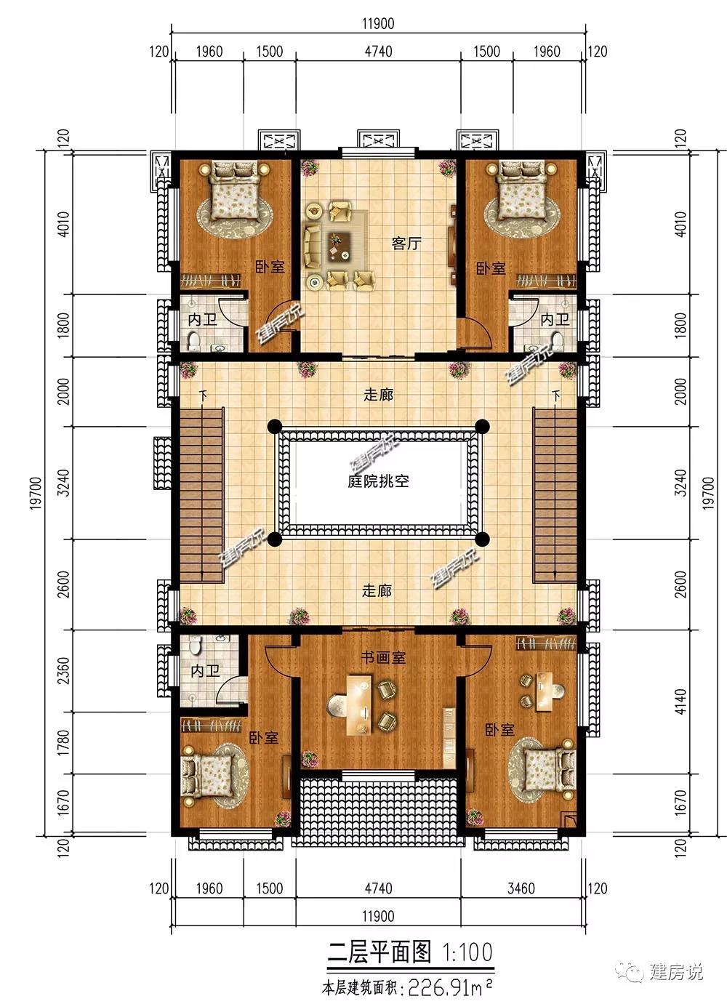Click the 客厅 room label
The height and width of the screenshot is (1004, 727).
[x=406, y=244]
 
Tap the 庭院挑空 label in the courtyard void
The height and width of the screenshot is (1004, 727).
[x=378, y=481]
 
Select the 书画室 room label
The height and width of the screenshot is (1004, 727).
[x=383, y=657]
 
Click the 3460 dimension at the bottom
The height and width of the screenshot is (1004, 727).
[x=521, y=888]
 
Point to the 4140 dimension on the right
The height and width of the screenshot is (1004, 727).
[x=680, y=702]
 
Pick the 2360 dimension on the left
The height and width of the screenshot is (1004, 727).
[x=64, y=670]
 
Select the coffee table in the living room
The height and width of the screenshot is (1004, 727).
[x=340, y=246]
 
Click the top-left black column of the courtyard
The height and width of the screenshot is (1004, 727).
[x=275, y=426]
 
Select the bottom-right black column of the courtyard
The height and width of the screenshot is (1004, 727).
[x=482, y=539]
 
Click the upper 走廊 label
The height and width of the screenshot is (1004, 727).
[x=378, y=395]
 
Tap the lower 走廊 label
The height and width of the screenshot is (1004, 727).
[x=377, y=590]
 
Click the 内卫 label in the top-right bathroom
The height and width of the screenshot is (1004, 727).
[x=555, y=319]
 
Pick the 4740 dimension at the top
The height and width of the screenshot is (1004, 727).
[x=378, y=52]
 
